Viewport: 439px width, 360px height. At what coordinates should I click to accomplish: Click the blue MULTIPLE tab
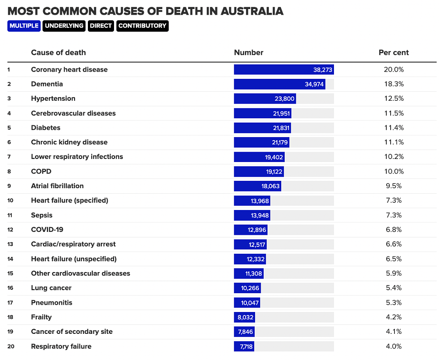point(24,26)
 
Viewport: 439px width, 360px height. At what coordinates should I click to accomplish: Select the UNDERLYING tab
point(64,26)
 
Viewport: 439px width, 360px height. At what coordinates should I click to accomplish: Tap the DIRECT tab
point(101,26)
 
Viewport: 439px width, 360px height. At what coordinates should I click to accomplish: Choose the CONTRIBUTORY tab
point(142,26)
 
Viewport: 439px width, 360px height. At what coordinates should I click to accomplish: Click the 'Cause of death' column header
point(58,53)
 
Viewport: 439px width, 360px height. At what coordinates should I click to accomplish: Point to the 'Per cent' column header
point(394,53)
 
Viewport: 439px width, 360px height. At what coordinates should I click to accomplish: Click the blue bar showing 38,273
point(284,69)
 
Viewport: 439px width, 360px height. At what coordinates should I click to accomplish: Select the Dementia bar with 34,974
point(280,84)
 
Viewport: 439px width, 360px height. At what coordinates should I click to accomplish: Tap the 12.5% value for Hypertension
point(394,99)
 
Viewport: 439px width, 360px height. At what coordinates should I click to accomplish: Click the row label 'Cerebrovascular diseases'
point(73,113)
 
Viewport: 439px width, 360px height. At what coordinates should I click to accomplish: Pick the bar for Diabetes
point(263,128)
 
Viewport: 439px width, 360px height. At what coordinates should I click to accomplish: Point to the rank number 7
point(9,157)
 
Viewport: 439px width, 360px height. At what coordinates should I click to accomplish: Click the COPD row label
point(41,171)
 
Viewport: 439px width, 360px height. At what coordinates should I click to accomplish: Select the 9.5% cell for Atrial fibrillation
point(394,186)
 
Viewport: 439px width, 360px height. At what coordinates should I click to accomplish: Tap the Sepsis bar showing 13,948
point(252,215)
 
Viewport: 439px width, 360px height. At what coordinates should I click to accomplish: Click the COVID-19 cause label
point(47,230)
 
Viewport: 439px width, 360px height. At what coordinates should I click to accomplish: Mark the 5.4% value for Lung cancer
point(394,288)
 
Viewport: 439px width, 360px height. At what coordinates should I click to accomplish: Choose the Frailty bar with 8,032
point(244,317)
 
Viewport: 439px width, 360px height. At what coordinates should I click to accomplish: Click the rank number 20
point(11,346)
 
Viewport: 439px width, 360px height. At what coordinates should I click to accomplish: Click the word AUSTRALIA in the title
point(252,11)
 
